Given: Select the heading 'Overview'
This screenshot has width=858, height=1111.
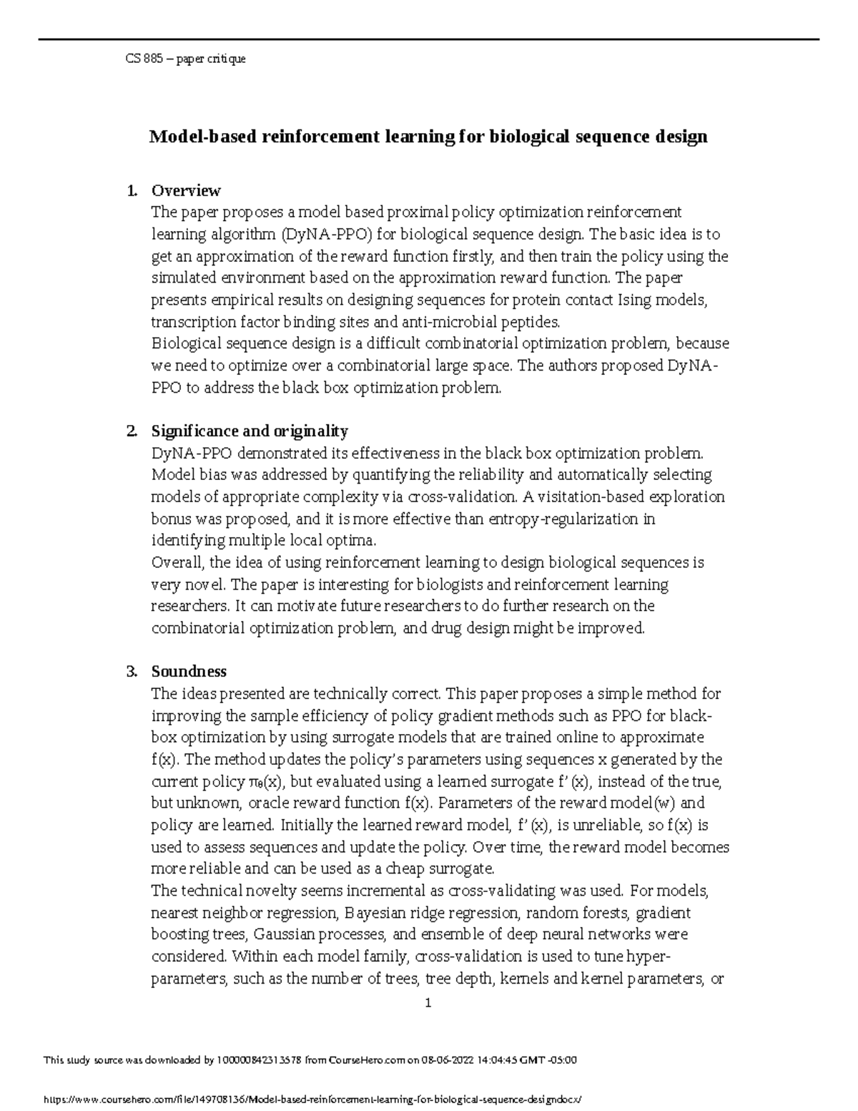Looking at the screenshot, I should (x=186, y=190).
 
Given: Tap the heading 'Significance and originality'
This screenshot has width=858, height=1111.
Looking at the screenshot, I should (x=250, y=431).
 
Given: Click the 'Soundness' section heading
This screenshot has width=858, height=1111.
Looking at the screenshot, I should (x=189, y=671).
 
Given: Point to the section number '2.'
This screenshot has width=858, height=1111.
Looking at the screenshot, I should (x=132, y=431).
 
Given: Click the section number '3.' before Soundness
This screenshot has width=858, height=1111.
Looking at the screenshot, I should (x=132, y=671).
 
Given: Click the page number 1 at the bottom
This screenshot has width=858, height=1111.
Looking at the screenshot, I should (x=428, y=1003).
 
